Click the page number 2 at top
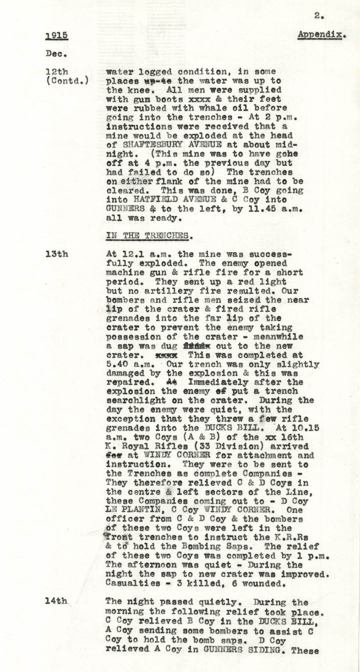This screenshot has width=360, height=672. (x=318, y=16)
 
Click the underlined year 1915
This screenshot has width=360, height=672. (x=56, y=36)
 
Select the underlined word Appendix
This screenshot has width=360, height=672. (x=321, y=35)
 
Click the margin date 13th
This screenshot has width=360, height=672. (x=56, y=254)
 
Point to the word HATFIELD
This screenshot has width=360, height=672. (x=151, y=200)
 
